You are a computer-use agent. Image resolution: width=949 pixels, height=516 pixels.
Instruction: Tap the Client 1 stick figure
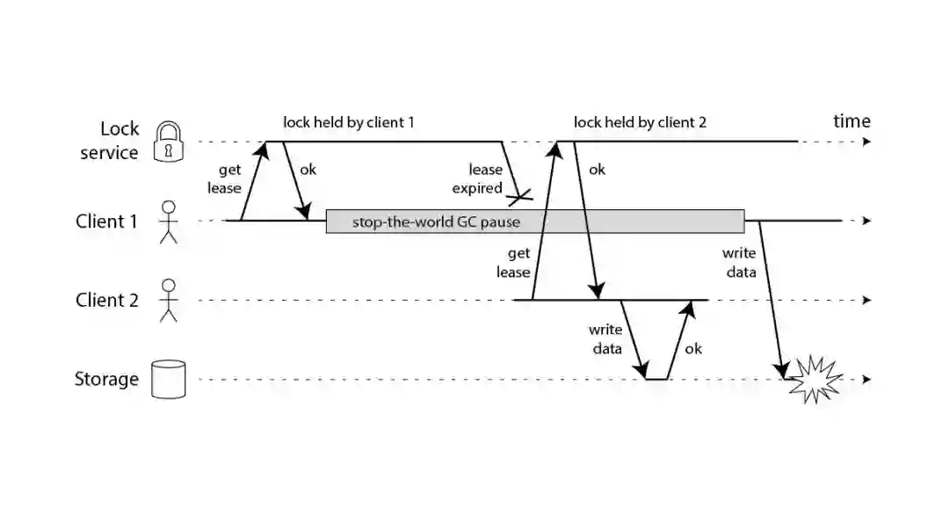pos(168,222)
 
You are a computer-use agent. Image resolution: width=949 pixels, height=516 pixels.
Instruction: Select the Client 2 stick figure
pos(168,301)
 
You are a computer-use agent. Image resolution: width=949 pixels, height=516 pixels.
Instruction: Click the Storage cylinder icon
pos(169,380)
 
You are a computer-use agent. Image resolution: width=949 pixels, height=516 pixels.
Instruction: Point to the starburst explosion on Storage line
pos(814,379)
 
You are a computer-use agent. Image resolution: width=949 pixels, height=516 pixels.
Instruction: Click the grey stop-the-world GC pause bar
pos(534,222)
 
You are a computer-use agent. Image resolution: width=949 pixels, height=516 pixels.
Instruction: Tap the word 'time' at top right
pos(851,121)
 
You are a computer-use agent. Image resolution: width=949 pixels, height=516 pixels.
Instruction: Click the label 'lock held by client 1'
pos(348,123)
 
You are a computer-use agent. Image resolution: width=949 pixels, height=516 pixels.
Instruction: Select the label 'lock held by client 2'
pos(640,123)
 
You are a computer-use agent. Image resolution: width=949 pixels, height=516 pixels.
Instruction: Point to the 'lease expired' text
pos(485,178)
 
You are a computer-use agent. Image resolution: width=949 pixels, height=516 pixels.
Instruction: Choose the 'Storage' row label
pos(106,380)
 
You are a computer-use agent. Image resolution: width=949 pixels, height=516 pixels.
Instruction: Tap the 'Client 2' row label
pos(107,301)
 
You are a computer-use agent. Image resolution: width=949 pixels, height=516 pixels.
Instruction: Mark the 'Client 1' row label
pos(107,222)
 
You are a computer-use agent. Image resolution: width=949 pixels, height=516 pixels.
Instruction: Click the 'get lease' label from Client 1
pos(223,178)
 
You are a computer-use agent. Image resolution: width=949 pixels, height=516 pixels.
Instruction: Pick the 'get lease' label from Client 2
pos(513,263)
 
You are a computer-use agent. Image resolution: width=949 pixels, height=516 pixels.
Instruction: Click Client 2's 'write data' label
pos(605,339)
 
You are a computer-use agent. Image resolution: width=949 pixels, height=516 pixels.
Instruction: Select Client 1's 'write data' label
pos(739,263)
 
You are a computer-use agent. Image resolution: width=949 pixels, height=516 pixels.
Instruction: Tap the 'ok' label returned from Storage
pos(693,349)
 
